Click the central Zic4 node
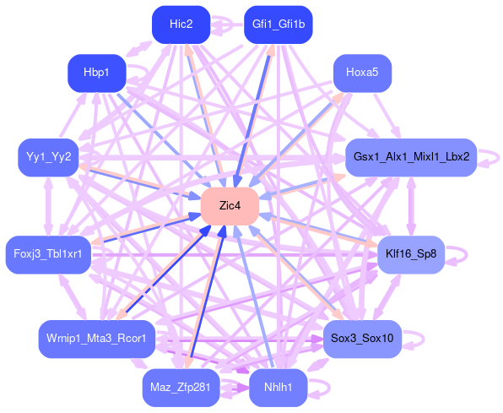230,206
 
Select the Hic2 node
181,24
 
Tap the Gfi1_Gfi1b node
279,24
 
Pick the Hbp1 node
96,73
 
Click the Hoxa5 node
363,73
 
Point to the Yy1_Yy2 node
48,157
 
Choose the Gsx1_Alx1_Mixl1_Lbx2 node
411,157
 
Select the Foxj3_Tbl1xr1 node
48,255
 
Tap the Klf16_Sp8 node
411,255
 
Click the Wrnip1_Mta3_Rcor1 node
96,339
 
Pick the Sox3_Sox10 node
363,339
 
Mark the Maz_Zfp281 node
181,388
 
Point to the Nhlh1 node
279,388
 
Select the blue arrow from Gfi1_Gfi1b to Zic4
252,116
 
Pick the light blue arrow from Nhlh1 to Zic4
254,296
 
